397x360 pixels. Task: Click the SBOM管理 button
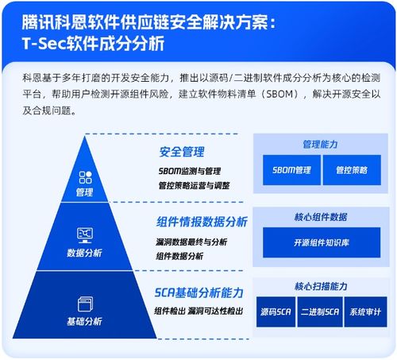pyautogui.click(x=291, y=170)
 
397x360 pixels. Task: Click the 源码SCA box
pyautogui.click(x=275, y=311)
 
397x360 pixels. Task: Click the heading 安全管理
pyautogui.click(x=182, y=151)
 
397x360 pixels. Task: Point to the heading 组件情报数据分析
pyautogui.click(x=202, y=222)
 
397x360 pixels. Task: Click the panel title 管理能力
pyautogui.click(x=320, y=145)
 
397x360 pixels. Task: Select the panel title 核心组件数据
pyautogui.click(x=321, y=215)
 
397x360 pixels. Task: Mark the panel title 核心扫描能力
pyautogui.click(x=321, y=285)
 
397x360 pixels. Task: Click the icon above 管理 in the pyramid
pyautogui.click(x=85, y=178)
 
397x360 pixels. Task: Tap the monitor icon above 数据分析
pyautogui.click(x=85, y=234)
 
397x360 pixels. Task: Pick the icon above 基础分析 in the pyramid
pyautogui.click(x=85, y=303)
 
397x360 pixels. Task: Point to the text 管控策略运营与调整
pyautogui.click(x=194, y=185)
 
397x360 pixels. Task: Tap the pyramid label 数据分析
pyautogui.click(x=85, y=253)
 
